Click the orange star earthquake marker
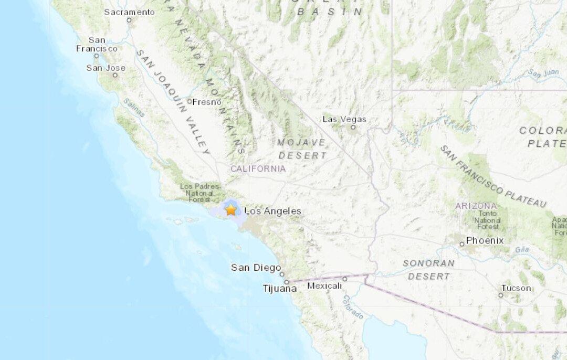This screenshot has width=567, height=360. pyautogui.click(x=231, y=210)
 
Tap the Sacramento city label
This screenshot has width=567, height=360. pyautogui.click(x=129, y=12)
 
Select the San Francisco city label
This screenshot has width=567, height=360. pyautogui.click(x=97, y=44)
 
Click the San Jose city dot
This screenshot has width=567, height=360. pyautogui.click(x=115, y=75)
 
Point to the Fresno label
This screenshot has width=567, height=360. pyautogui.click(x=207, y=102)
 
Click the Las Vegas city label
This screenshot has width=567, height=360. pyautogui.click(x=344, y=119)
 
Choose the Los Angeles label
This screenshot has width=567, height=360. pyautogui.click(x=273, y=211)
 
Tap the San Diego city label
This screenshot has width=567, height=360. pyautogui.click(x=256, y=268)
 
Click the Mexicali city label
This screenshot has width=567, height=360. pyautogui.click(x=324, y=285)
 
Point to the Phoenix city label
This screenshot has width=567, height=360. pyautogui.click(x=485, y=240)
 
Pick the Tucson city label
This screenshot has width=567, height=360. pyautogui.click(x=516, y=288)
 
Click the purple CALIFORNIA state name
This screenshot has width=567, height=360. pyautogui.click(x=258, y=168)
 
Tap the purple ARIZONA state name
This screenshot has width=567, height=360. pyautogui.click(x=476, y=206)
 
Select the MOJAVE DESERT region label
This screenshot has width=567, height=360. pyautogui.click(x=302, y=149)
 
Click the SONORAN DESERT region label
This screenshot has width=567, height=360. pyautogui.click(x=428, y=269)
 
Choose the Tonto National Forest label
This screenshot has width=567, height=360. pyautogui.click(x=488, y=220)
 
